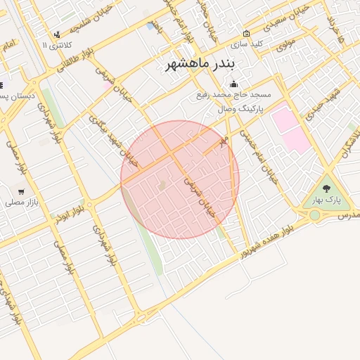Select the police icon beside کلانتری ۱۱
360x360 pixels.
coord(56,34)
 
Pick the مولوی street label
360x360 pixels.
coord(285,44)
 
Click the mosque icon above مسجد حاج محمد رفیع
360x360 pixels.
coord(233,84)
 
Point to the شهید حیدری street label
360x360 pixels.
coord(326,101)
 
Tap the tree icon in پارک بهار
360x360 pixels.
coord(326,188)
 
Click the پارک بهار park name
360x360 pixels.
coord(326,200)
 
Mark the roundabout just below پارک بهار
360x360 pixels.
coord(314,214)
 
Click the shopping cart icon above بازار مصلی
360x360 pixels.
coord(21,191)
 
